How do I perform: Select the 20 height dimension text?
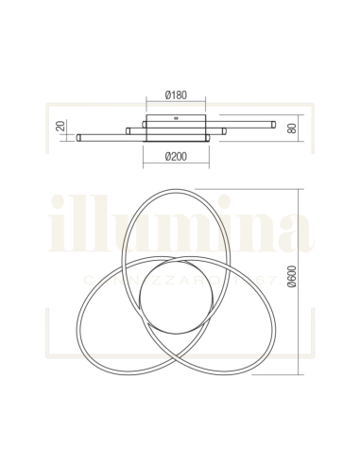coord(58,126)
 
